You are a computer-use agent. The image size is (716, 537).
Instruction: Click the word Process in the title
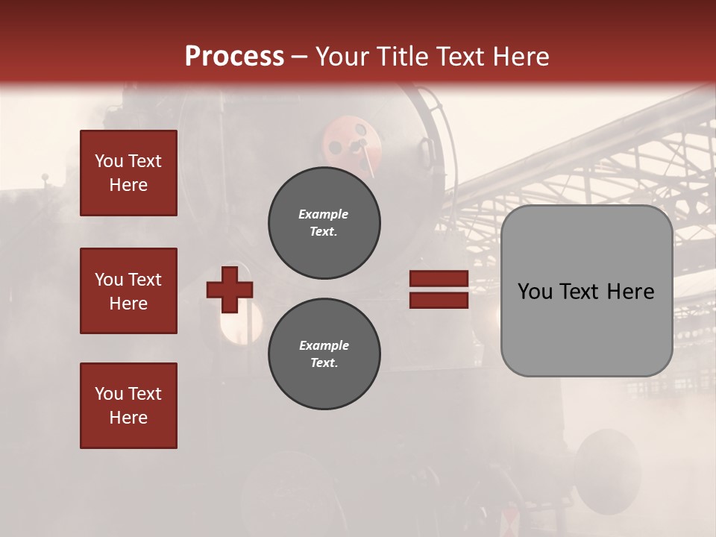point(234,57)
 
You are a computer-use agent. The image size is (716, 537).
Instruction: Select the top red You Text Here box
point(128,173)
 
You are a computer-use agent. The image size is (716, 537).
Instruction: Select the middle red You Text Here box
point(128,291)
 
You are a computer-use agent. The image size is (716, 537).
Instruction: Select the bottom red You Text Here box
point(128,406)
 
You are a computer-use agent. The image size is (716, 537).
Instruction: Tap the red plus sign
point(230,289)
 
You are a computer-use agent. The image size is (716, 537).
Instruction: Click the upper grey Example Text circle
point(324,223)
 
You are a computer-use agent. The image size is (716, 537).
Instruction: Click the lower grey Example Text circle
point(324,354)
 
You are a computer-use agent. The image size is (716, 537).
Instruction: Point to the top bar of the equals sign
point(439,279)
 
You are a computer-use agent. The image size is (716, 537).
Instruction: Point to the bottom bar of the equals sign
point(439,300)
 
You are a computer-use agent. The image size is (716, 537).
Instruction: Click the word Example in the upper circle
point(323,214)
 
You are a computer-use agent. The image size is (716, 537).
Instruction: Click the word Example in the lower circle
point(324,345)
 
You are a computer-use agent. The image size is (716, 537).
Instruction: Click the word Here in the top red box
point(128,185)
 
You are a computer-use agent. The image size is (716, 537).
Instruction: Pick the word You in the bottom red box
point(108,394)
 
